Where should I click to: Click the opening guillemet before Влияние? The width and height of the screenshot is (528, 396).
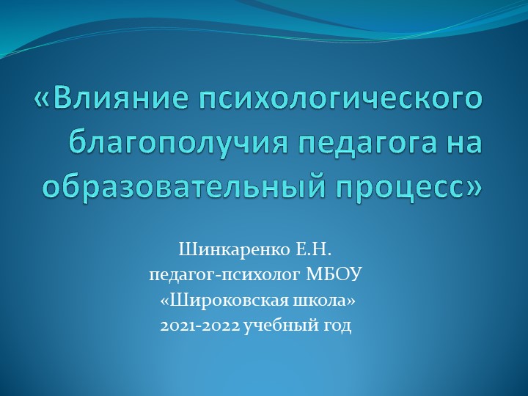click(43, 100)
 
